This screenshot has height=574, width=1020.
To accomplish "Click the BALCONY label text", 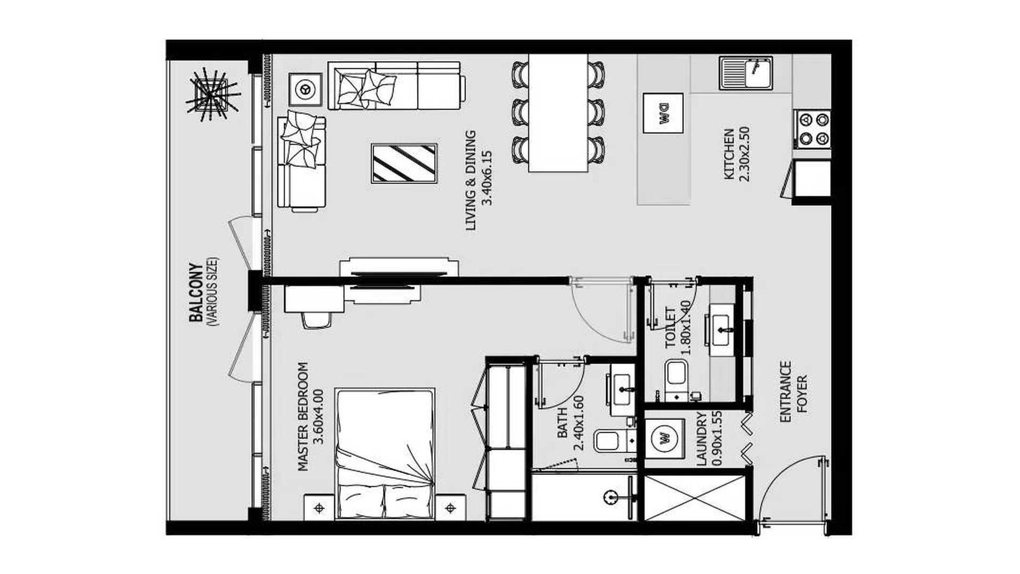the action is coord(196,293).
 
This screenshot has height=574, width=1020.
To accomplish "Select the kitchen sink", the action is coord(746,73).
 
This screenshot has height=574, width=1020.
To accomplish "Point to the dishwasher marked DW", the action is coord(663,113).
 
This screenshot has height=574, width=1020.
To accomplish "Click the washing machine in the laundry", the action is coord(665,439).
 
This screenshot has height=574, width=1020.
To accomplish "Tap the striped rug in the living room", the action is coord(404,163).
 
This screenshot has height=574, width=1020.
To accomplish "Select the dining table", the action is coord(558,113).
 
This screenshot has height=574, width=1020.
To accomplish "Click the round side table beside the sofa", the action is coord(305,89).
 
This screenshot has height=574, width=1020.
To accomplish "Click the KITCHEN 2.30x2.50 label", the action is coord(736,154).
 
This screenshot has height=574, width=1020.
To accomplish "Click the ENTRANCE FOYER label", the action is coord(794,392).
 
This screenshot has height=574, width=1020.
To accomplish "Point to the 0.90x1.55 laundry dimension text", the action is coord(716,439).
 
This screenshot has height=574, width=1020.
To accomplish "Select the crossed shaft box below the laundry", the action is coord(695,498).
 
